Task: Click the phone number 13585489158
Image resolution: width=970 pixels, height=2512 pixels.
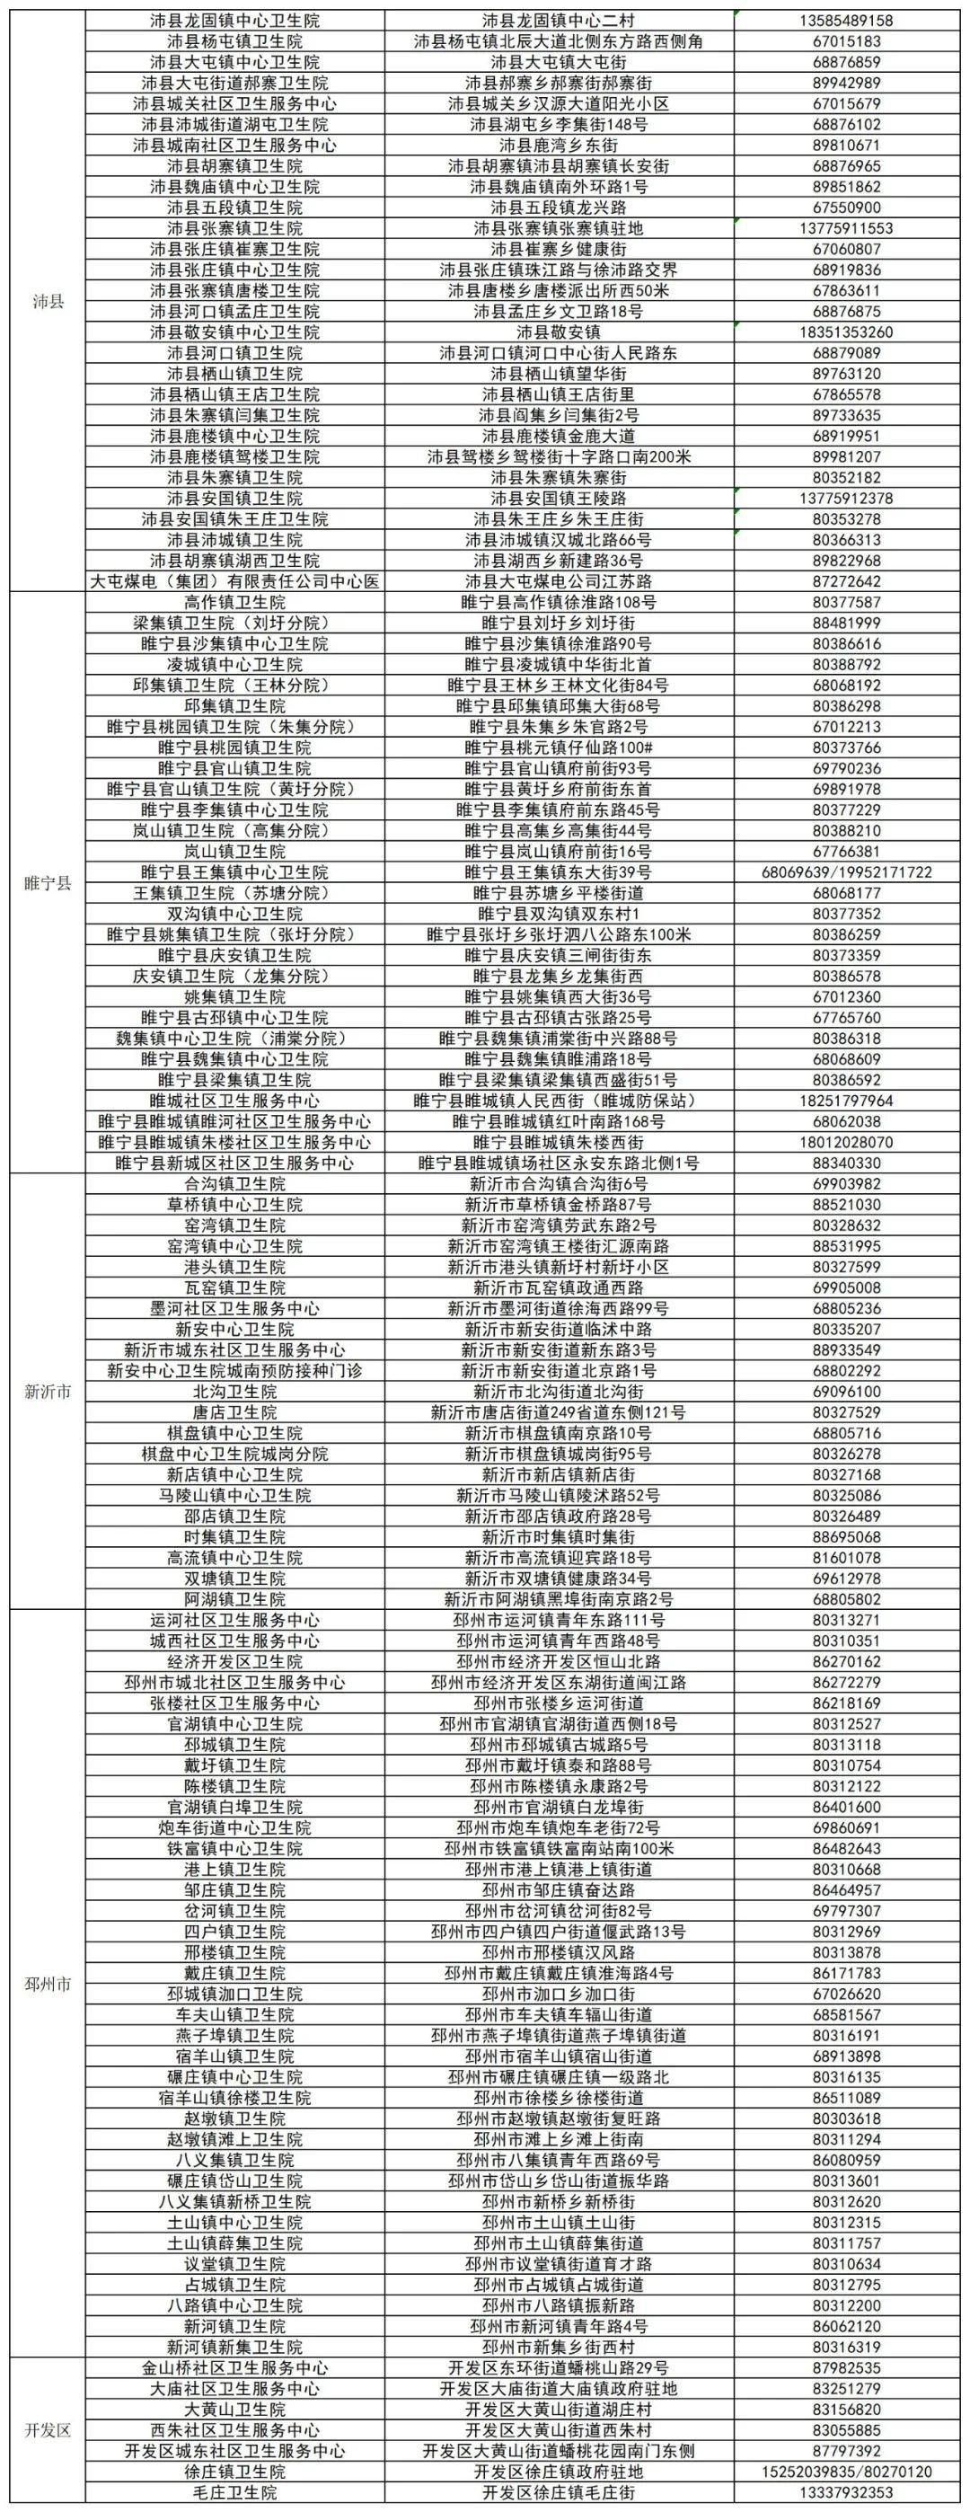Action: (846, 21)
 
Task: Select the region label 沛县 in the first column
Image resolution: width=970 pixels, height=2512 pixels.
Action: (48, 300)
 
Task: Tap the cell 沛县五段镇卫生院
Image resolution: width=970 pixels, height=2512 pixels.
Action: (234, 208)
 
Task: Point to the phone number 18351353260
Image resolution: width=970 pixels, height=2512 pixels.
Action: (846, 332)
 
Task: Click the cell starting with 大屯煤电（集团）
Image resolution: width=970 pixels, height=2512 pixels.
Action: (234, 581)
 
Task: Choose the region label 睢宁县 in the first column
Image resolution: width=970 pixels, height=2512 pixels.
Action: (48, 882)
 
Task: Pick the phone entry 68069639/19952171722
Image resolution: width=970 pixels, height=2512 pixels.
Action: (846, 871)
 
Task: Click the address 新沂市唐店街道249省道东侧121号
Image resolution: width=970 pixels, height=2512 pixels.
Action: (558, 1412)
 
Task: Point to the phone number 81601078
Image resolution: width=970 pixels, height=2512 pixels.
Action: (846, 1557)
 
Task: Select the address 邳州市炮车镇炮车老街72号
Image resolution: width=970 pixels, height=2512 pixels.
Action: (558, 1827)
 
